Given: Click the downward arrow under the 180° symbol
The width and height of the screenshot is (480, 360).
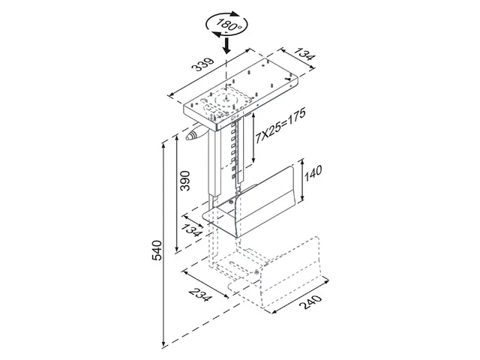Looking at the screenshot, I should (226, 46).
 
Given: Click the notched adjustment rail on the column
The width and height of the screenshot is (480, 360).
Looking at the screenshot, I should (238, 150).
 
